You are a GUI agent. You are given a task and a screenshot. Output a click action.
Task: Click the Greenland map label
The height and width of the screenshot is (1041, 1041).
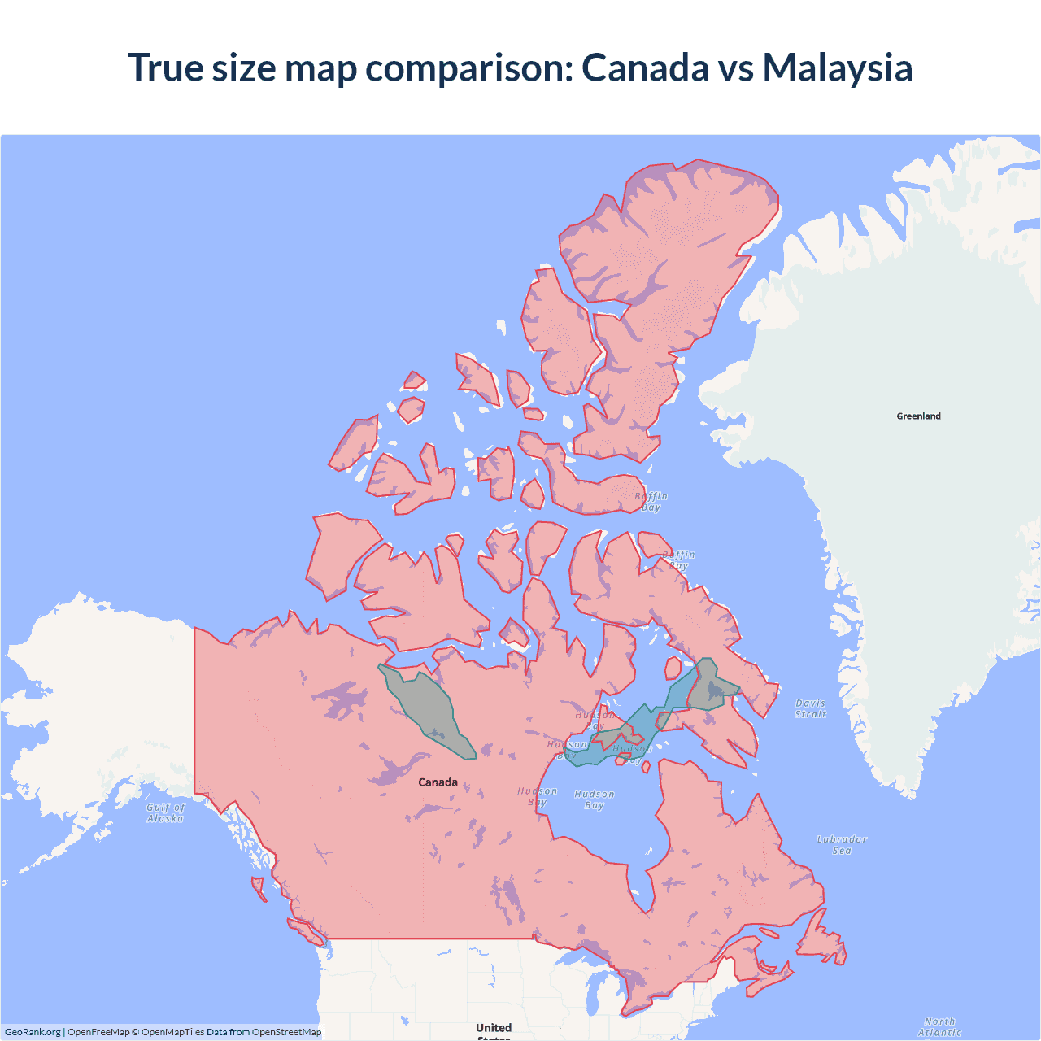point(918,416)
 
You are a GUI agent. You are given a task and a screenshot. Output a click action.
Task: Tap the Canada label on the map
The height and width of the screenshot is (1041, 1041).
point(438,782)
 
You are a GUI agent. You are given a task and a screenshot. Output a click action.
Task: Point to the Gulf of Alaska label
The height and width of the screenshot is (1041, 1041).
point(166,813)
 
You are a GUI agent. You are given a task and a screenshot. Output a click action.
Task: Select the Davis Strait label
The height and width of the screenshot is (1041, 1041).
point(810,709)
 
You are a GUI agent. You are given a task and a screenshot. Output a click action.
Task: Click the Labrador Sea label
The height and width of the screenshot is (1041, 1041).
point(842,845)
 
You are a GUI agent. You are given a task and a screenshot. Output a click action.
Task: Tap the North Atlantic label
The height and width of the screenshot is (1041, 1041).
point(939,1027)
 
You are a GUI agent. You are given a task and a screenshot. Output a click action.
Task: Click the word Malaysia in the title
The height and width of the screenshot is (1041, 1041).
point(837,68)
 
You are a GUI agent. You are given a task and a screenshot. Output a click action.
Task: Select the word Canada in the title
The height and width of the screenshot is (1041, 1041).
point(645,68)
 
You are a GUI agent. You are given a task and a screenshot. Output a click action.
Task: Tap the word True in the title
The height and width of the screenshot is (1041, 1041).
point(165,68)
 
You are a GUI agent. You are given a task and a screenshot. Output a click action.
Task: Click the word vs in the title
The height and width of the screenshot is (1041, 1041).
point(735,68)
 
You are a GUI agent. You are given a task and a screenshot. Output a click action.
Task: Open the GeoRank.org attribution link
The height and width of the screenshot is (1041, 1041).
point(33,1032)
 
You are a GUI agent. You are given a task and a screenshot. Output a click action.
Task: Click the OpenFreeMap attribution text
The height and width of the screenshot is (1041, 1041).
point(98,1032)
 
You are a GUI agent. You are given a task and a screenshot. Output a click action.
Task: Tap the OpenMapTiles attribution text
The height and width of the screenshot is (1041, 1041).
point(172,1032)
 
